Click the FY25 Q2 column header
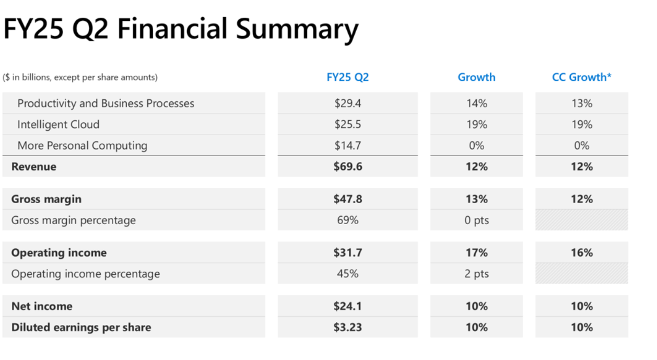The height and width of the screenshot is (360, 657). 348,77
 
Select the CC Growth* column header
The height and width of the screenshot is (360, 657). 582,77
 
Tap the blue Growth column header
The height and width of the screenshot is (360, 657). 477,77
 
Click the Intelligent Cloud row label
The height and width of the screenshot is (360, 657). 58,124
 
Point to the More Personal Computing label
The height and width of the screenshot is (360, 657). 83,146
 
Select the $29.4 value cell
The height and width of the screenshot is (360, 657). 348,103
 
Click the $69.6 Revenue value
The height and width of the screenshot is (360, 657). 348,167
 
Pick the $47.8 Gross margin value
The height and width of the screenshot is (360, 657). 348,199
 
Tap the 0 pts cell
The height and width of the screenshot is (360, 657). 477,220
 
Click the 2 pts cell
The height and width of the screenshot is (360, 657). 477,274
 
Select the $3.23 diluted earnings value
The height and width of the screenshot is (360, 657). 348,327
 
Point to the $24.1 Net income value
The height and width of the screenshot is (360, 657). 348,306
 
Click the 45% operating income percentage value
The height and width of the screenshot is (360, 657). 348,274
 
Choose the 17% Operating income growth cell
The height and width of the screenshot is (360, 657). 477,252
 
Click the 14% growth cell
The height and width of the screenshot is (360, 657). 477,103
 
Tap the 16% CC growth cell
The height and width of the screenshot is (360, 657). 582,252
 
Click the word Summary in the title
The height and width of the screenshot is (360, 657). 297,29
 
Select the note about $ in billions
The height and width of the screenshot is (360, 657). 80,77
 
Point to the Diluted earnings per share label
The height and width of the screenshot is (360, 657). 81,328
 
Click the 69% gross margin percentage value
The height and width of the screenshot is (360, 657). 348,220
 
